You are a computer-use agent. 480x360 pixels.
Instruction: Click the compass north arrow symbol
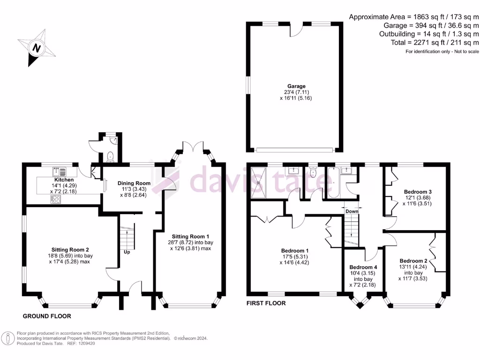[x=36, y=47]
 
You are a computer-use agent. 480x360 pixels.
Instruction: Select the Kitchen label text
[x=64, y=180]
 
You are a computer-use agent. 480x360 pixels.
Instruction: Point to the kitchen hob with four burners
[x=56, y=199]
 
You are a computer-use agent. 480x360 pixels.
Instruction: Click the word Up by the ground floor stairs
[x=127, y=252]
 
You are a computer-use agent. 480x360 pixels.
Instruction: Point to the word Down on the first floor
[x=352, y=211]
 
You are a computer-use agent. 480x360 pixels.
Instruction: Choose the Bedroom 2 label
[x=414, y=261]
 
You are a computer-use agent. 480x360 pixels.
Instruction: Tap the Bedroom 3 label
[x=418, y=192]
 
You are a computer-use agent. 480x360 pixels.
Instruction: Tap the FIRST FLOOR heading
[x=266, y=303]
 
